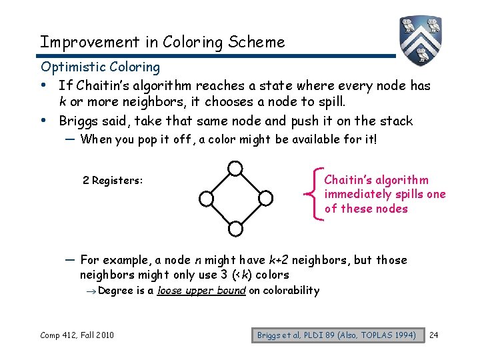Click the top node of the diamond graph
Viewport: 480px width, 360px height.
tap(235, 168)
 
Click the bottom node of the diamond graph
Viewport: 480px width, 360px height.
tap(235, 229)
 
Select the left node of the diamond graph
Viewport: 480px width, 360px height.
tap(206, 198)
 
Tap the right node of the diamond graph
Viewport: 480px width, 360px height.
tap(265, 198)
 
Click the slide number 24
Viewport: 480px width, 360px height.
tap(435, 335)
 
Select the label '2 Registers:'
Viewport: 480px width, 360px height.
tap(113, 181)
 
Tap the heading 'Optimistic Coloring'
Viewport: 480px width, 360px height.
tap(100, 67)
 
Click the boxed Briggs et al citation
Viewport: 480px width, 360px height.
tap(337, 335)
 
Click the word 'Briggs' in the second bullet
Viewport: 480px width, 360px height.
tap(80, 121)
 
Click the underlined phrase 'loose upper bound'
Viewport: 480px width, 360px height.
tap(201, 291)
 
